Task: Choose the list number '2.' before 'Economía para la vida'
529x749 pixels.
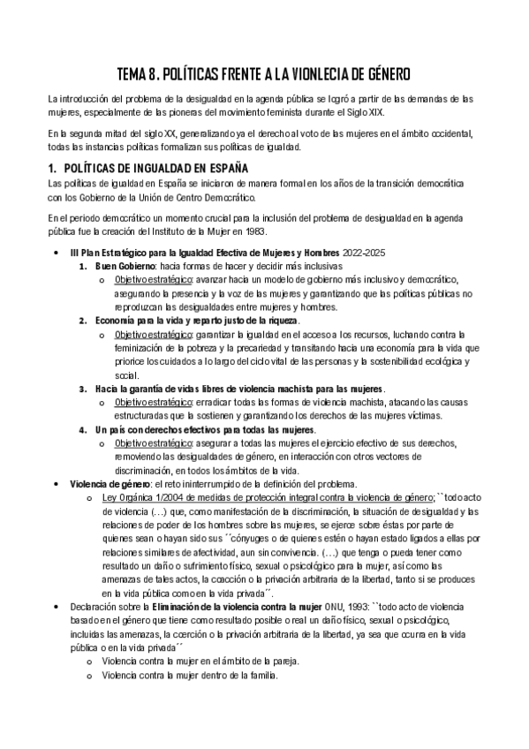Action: click(82, 320)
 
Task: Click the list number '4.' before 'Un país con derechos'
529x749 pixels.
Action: click(82, 429)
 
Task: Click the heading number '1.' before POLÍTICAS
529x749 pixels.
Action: click(51, 167)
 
